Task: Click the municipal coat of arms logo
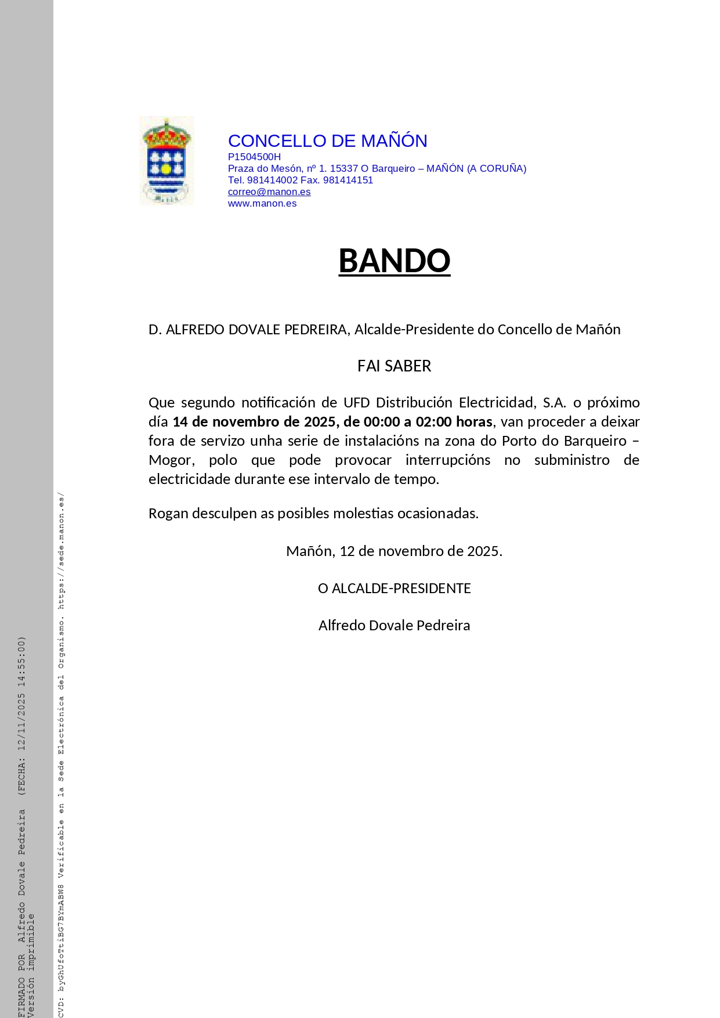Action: tap(167, 161)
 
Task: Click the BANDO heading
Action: tap(394, 261)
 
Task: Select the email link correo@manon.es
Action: tap(269, 192)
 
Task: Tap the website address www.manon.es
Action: tap(262, 204)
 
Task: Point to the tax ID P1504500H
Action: tap(254, 157)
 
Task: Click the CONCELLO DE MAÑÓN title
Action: tap(327, 141)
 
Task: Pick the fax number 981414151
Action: tap(348, 181)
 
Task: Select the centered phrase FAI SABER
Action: tap(394, 366)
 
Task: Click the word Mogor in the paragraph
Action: tap(168, 460)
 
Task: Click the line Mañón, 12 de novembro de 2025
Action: tap(394, 551)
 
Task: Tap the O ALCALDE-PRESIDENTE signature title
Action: tap(394, 589)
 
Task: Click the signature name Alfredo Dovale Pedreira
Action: tap(394, 626)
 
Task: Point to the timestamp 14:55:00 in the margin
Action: tap(22, 662)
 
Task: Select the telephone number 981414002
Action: tap(272, 181)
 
